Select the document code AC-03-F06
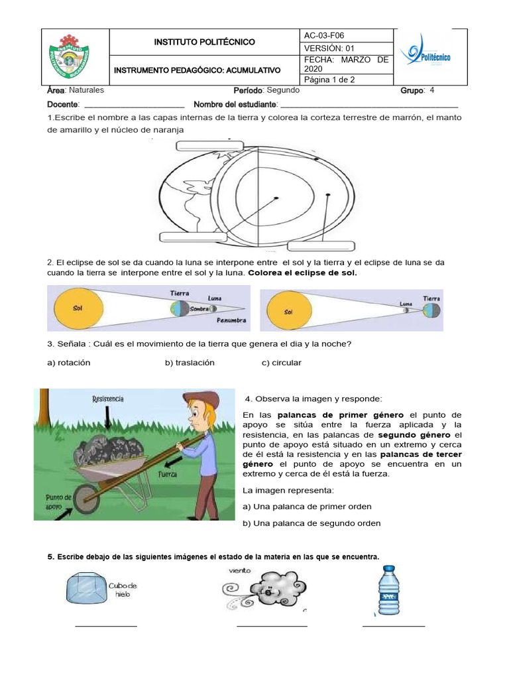click(x=324, y=35)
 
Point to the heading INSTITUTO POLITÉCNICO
click(x=204, y=42)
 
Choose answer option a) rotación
click(x=68, y=363)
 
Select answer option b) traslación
click(x=190, y=363)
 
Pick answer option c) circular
click(x=282, y=363)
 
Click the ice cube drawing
click(x=87, y=589)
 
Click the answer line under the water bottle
click(x=393, y=625)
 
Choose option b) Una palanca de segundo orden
click(x=311, y=523)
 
